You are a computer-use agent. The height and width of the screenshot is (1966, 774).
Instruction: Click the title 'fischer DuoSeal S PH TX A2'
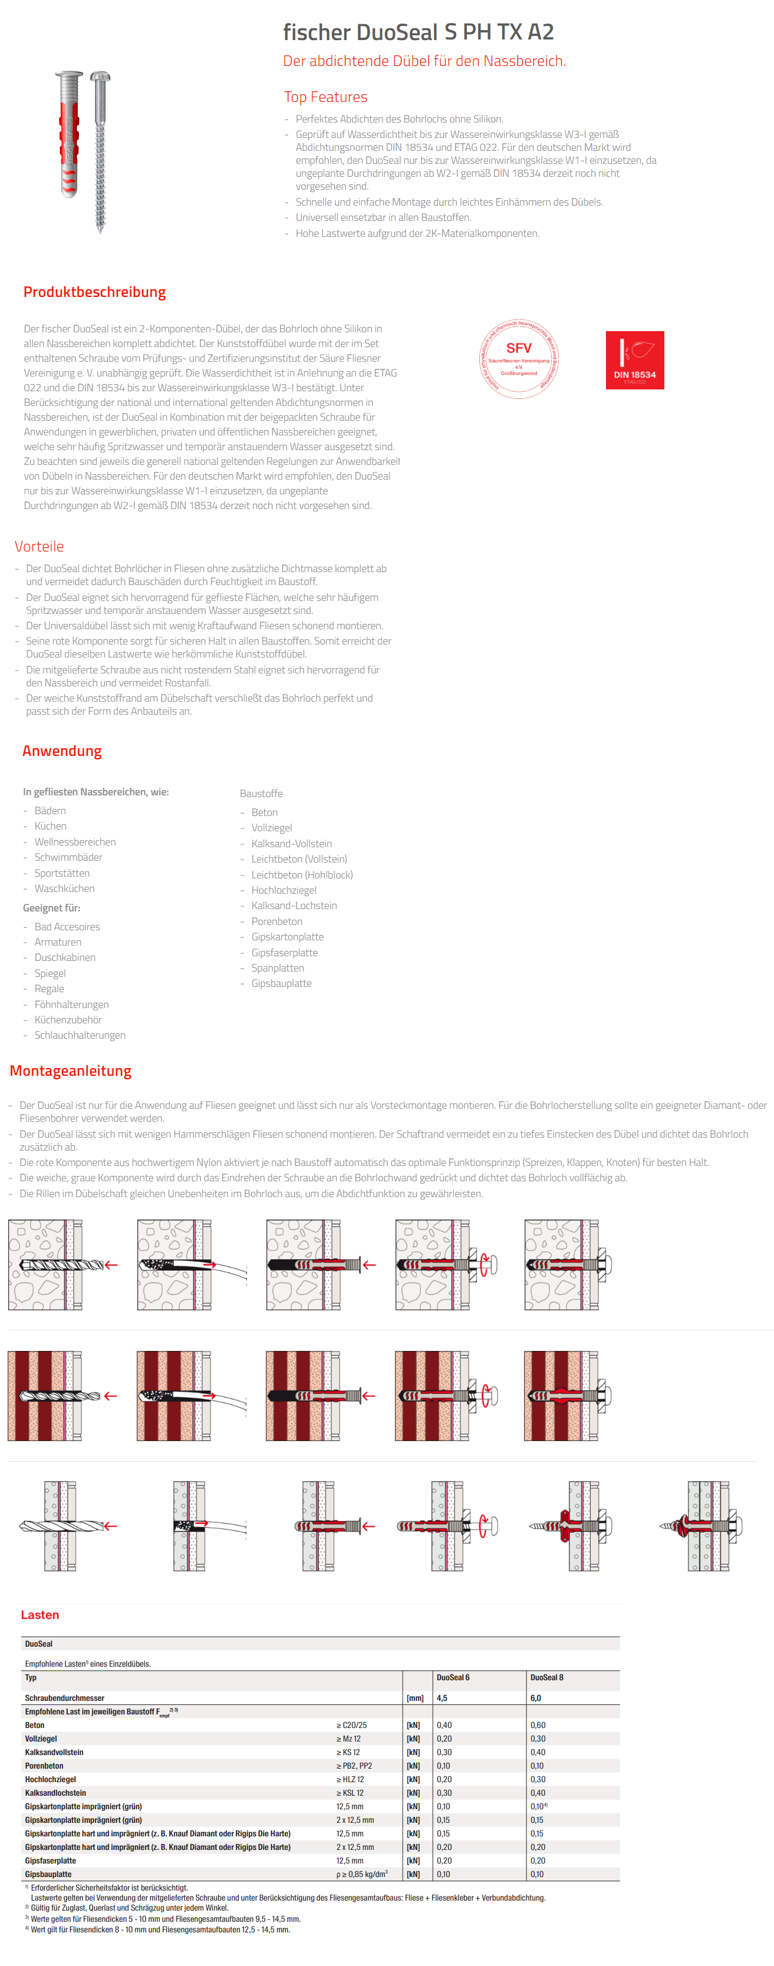(419, 32)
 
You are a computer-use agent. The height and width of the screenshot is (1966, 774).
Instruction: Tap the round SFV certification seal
(519, 359)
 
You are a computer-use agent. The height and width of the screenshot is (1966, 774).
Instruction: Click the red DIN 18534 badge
(634, 360)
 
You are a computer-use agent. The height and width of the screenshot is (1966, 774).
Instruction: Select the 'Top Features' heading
(325, 97)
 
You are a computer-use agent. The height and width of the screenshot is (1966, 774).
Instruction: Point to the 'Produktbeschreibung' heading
(95, 292)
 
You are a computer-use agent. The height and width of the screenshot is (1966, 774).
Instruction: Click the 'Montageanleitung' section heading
(70, 1070)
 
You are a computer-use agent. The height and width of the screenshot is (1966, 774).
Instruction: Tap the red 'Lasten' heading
(39, 1614)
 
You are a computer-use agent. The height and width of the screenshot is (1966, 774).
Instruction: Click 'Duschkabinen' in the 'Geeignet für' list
(65, 957)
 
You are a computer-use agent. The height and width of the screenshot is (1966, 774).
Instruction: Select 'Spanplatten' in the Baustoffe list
(277, 968)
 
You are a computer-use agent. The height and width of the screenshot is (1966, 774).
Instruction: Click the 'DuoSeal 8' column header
(546, 1677)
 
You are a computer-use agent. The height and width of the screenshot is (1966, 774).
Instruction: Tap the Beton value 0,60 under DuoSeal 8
(538, 1725)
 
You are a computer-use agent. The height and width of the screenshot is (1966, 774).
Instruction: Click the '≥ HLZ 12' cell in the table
(350, 1779)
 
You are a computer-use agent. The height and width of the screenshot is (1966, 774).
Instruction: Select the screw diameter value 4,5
(443, 1697)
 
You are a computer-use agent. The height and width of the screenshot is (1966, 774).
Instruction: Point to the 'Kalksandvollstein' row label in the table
(54, 1752)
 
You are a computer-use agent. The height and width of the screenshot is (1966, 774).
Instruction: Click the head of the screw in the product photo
(101, 77)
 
